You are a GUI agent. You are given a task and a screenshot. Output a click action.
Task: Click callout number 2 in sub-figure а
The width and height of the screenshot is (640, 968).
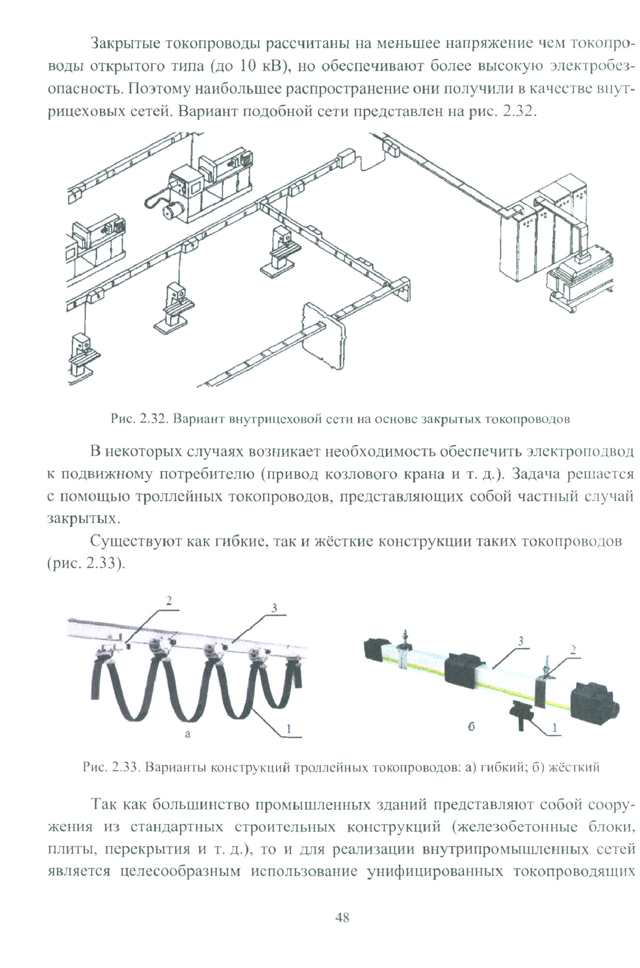(x=169, y=601)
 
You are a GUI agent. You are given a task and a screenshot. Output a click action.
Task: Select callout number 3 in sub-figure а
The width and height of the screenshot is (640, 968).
(x=274, y=608)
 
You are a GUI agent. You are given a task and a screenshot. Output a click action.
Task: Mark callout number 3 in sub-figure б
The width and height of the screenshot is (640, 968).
(x=520, y=641)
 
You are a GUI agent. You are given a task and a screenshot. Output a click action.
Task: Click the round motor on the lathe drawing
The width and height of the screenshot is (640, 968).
(x=169, y=210)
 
